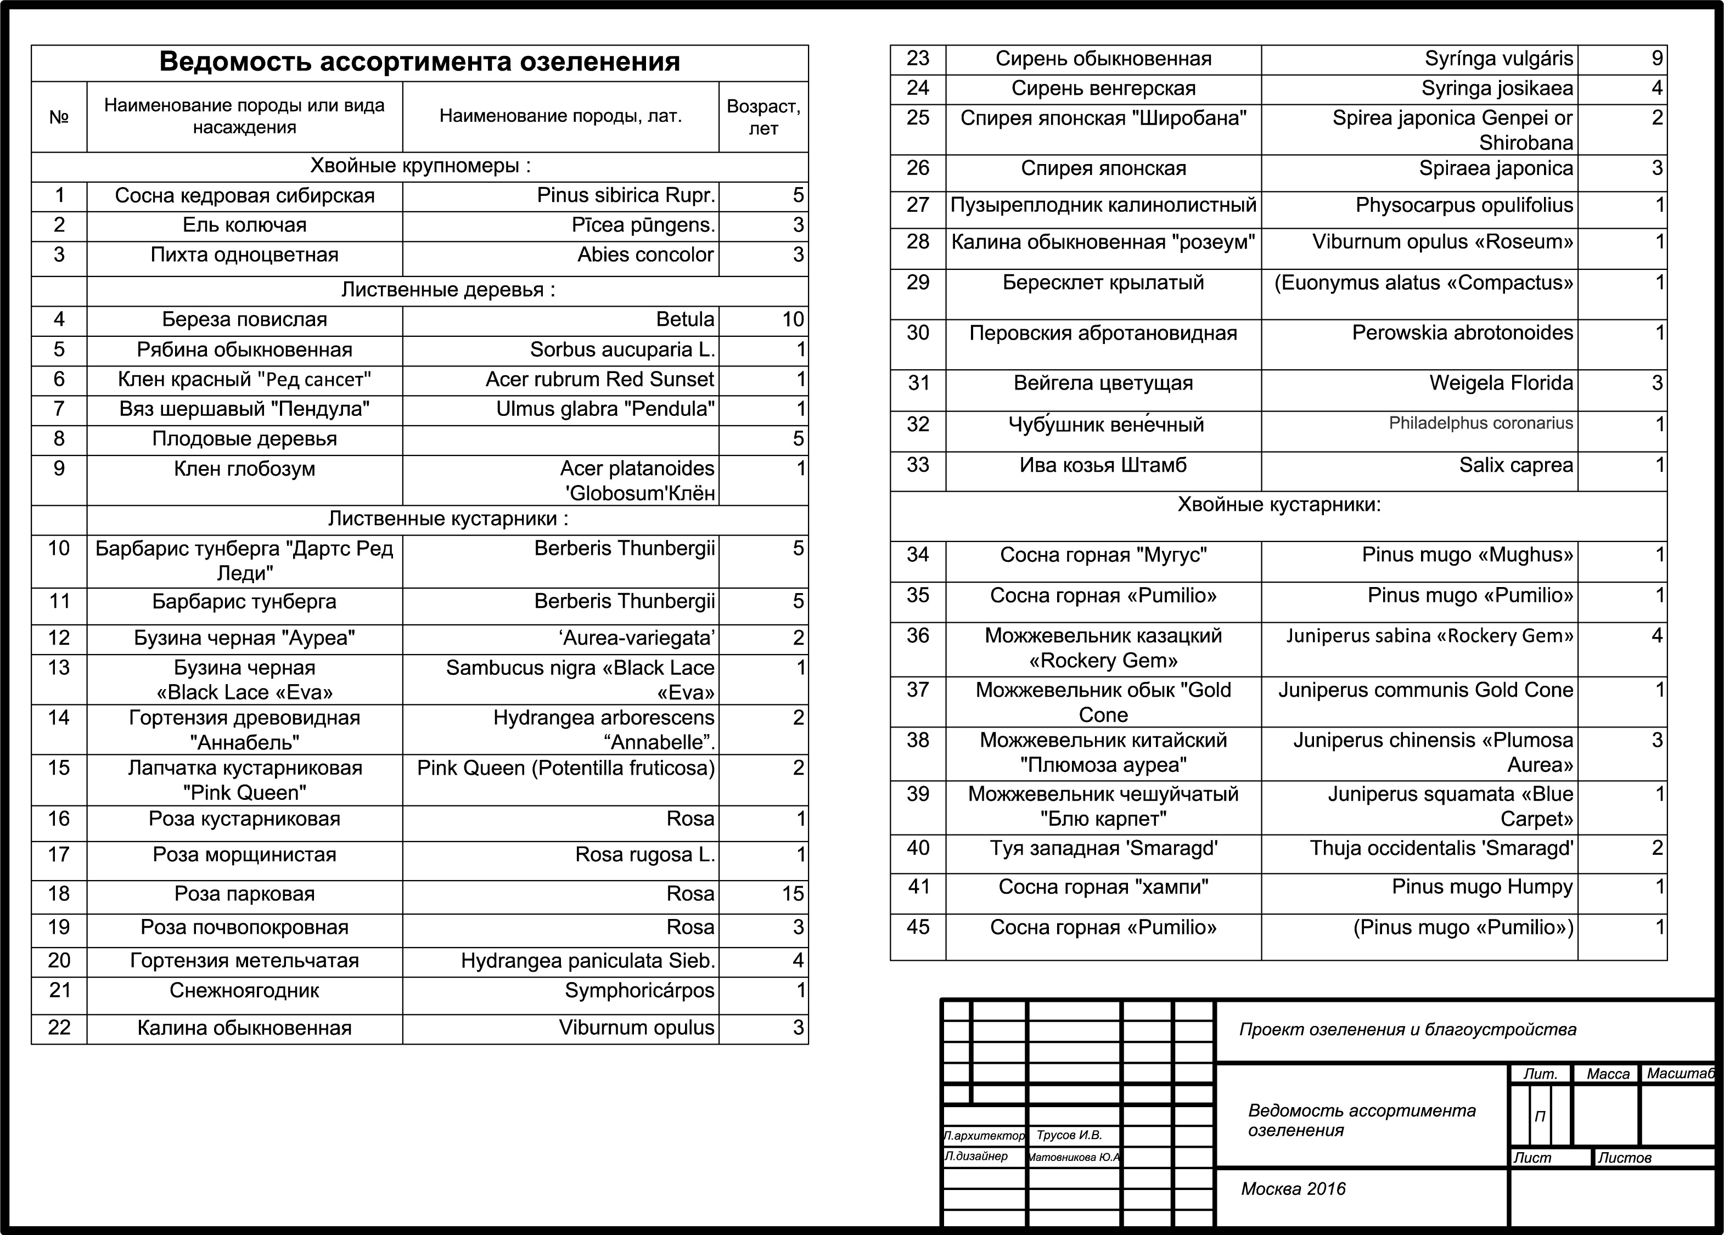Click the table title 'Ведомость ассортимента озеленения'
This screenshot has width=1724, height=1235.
pos(419,61)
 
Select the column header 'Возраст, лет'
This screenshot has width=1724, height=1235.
pos(762,117)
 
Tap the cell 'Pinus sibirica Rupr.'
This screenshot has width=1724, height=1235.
pos(626,195)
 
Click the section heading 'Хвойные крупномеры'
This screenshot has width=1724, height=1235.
pos(419,166)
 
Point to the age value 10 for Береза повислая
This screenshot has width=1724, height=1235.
pos(792,319)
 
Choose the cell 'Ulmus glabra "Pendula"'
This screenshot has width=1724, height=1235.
pos(605,409)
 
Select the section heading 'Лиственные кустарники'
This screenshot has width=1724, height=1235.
pos(448,518)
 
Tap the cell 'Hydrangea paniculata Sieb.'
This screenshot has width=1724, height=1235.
pos(588,961)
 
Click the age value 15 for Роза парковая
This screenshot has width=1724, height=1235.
pos(792,894)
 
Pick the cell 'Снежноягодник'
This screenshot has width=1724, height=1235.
pos(244,990)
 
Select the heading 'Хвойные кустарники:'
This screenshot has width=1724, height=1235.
pos(1278,505)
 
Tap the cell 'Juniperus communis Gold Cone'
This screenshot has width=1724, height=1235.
pos(1425,690)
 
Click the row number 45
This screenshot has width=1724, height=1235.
pos(918,927)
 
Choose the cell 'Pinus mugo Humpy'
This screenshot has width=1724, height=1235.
pos(1481,887)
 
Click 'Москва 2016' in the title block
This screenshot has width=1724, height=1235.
pos(1293,1189)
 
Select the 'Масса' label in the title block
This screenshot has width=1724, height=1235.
pos(1608,1074)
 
